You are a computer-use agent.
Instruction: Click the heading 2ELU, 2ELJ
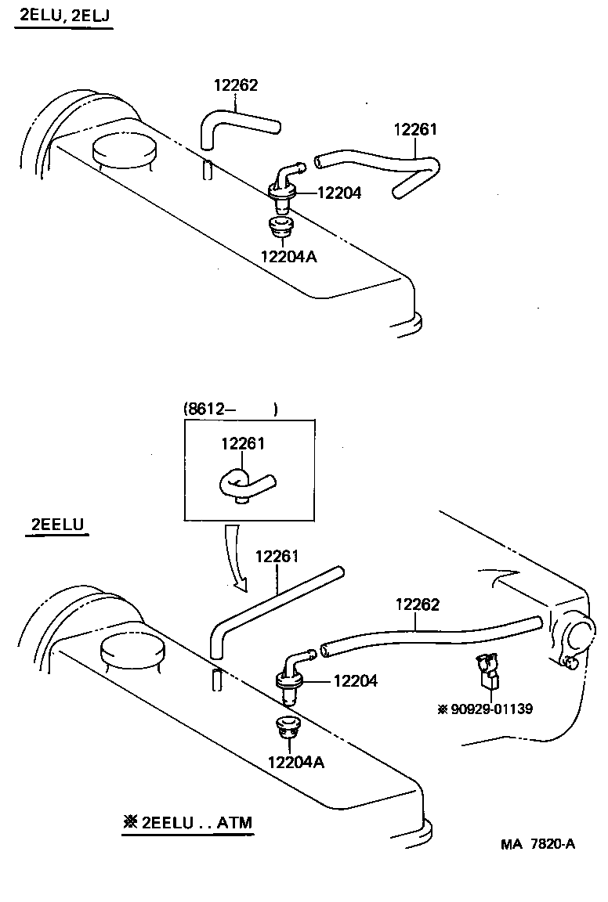point(63,16)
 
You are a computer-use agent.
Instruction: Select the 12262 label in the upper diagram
point(236,86)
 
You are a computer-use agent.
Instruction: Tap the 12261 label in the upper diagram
point(414,130)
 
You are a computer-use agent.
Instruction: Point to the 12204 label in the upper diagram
point(339,193)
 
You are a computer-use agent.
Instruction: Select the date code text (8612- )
point(230,409)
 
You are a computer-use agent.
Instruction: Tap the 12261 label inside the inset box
point(243,444)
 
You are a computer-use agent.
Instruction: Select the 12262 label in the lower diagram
point(417,604)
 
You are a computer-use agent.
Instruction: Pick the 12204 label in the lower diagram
point(355,681)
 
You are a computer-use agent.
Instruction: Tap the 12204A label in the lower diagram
point(295,762)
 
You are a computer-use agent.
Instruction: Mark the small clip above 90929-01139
point(487,670)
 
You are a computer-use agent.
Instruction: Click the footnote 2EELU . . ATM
point(188,823)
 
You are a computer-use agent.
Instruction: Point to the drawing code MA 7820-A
point(538,844)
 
